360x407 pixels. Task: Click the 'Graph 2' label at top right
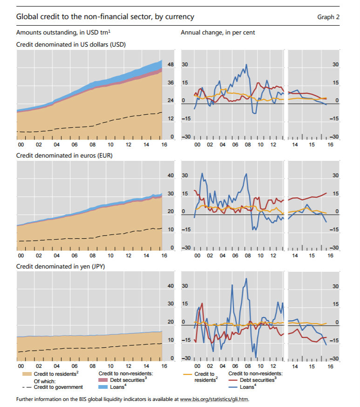coord(328,17)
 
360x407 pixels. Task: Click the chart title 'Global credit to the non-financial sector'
coord(105,17)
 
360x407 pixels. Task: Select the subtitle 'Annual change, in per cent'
coord(217,33)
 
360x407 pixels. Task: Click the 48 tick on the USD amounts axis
coord(170,64)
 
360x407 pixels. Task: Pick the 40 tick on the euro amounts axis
coord(170,176)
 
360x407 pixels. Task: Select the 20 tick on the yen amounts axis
coord(170,322)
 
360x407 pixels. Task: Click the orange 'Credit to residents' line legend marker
coord(187,374)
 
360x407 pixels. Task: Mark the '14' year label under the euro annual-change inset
coord(294,256)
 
